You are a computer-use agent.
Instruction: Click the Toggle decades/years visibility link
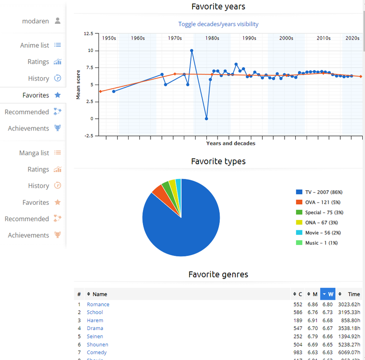click(218, 24)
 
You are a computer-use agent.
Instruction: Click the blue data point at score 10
click(191, 51)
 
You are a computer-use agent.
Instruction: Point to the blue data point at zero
click(206, 119)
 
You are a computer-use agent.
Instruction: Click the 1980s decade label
click(212, 38)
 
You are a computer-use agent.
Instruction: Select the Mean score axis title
click(78, 85)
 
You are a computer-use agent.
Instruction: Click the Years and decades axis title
click(231, 144)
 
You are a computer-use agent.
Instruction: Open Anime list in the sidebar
click(35, 45)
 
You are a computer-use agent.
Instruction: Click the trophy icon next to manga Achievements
click(57, 235)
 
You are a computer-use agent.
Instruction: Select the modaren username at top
click(36, 21)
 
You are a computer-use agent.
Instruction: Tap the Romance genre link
click(98, 305)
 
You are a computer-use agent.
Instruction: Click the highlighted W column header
click(328, 294)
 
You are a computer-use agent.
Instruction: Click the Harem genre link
click(95, 320)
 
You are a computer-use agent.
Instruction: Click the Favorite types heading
click(218, 161)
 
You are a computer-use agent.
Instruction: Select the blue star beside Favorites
click(57, 95)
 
